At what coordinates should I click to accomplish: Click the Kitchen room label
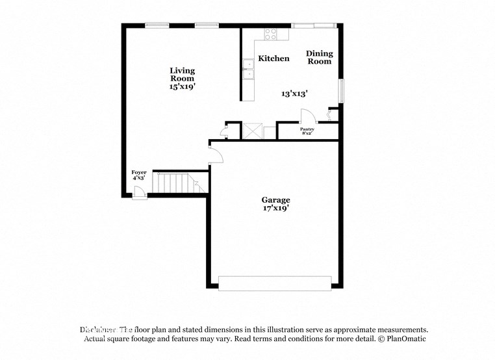pyautogui.click(x=273, y=58)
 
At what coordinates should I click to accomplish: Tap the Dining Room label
pyautogui.click(x=319, y=58)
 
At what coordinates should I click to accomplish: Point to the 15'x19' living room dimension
pyautogui.click(x=182, y=86)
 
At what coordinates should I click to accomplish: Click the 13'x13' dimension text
pyautogui.click(x=294, y=94)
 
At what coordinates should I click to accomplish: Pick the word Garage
pyautogui.click(x=275, y=200)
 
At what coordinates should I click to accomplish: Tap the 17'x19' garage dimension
pyautogui.click(x=275, y=209)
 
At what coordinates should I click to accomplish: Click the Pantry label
pyautogui.click(x=307, y=129)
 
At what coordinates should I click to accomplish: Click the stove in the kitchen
pyautogui.click(x=270, y=33)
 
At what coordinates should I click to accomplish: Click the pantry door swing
pyautogui.click(x=307, y=116)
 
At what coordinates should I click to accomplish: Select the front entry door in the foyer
pyautogui.click(x=138, y=192)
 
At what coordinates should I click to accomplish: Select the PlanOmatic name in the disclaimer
pyautogui.click(x=405, y=339)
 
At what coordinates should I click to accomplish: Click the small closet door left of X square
pyautogui.click(x=224, y=132)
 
